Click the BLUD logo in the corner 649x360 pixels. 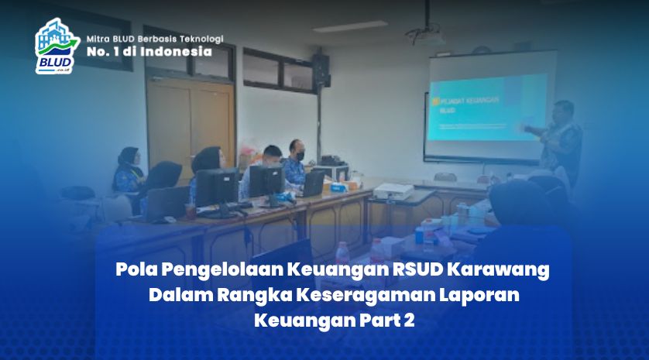tap(56, 46)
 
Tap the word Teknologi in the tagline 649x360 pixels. tap(199, 37)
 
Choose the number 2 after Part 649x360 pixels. tap(409, 320)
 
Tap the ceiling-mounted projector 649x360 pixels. tap(426, 35)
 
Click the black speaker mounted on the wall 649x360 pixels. tap(321, 69)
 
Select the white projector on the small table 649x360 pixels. tap(393, 190)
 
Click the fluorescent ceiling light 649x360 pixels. tap(349, 26)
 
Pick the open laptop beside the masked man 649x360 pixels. tap(314, 183)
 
